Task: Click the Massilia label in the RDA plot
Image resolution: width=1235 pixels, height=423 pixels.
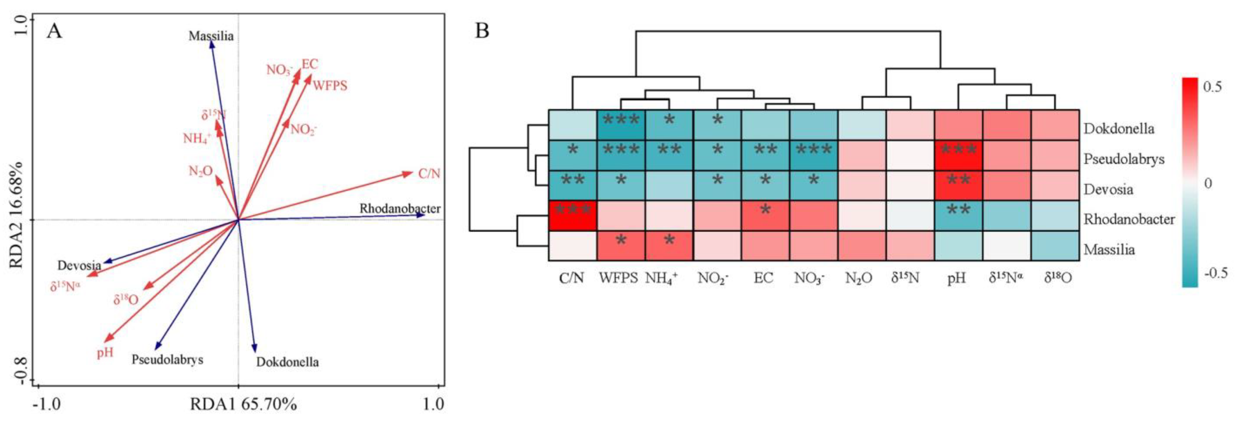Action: pos(211,36)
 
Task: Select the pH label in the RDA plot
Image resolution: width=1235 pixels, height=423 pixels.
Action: pos(105,353)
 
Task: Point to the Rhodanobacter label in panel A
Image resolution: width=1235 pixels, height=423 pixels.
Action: pos(400,209)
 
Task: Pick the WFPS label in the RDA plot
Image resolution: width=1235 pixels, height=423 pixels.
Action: pos(330,86)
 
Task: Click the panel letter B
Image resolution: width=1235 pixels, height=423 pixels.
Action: pos(482,32)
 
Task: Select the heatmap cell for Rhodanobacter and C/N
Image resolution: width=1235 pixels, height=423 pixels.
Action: pos(572,216)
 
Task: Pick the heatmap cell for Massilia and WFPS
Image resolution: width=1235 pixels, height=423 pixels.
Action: pos(621,246)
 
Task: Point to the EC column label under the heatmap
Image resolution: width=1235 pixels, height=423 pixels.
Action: pos(763,278)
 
